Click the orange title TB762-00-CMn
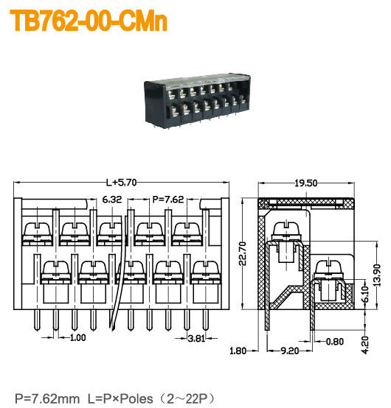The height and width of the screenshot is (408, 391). [89, 21]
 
